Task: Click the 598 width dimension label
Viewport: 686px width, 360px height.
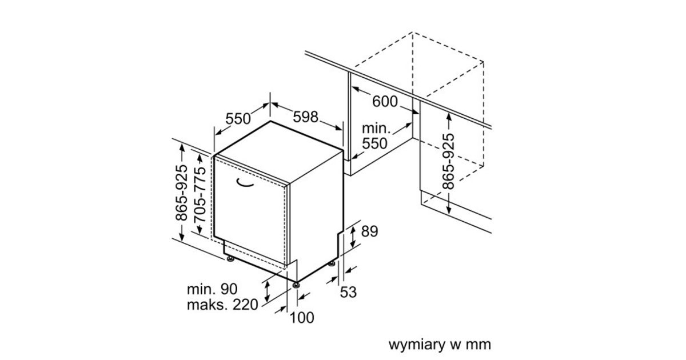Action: tap(305, 117)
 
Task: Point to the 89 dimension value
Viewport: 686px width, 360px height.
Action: tap(370, 231)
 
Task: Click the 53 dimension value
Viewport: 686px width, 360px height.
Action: tap(348, 292)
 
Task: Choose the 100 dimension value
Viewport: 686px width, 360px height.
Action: tap(302, 318)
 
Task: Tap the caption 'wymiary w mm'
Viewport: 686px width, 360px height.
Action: tap(440, 345)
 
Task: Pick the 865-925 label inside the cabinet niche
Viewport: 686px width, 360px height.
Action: tap(449, 161)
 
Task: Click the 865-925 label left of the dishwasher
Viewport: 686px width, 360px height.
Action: tap(181, 193)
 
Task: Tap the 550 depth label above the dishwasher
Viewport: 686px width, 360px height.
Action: tap(238, 119)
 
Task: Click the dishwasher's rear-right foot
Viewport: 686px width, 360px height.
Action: tap(332, 264)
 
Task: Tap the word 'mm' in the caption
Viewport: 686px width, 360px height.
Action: tap(478, 345)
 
